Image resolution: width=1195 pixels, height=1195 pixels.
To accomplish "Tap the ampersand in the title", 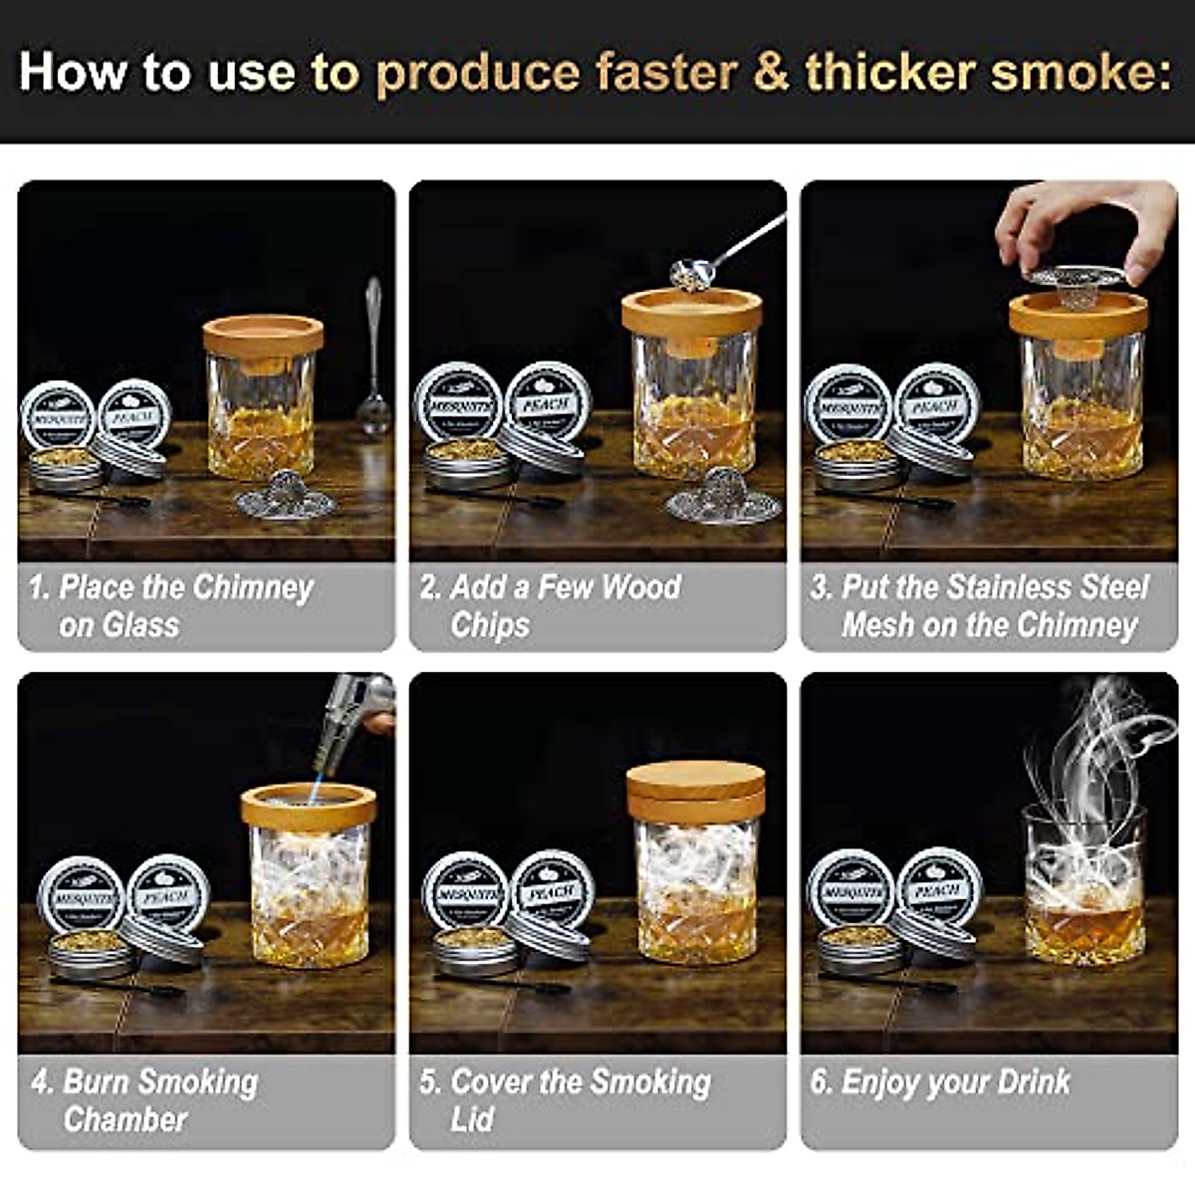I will click(x=771, y=73).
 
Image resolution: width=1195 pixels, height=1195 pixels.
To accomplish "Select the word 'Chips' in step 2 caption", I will click(x=490, y=625).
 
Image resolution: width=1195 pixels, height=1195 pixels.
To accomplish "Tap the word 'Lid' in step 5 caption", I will click(x=471, y=1119).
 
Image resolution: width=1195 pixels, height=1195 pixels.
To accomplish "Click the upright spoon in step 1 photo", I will click(x=373, y=358).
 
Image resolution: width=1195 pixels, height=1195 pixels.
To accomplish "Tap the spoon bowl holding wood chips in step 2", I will click(x=691, y=271).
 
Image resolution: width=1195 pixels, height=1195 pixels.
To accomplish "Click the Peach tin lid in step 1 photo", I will click(x=135, y=412).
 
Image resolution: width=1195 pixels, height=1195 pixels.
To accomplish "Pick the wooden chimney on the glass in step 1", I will click(x=263, y=338).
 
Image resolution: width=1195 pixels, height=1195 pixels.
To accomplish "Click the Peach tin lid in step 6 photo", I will click(x=937, y=885).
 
